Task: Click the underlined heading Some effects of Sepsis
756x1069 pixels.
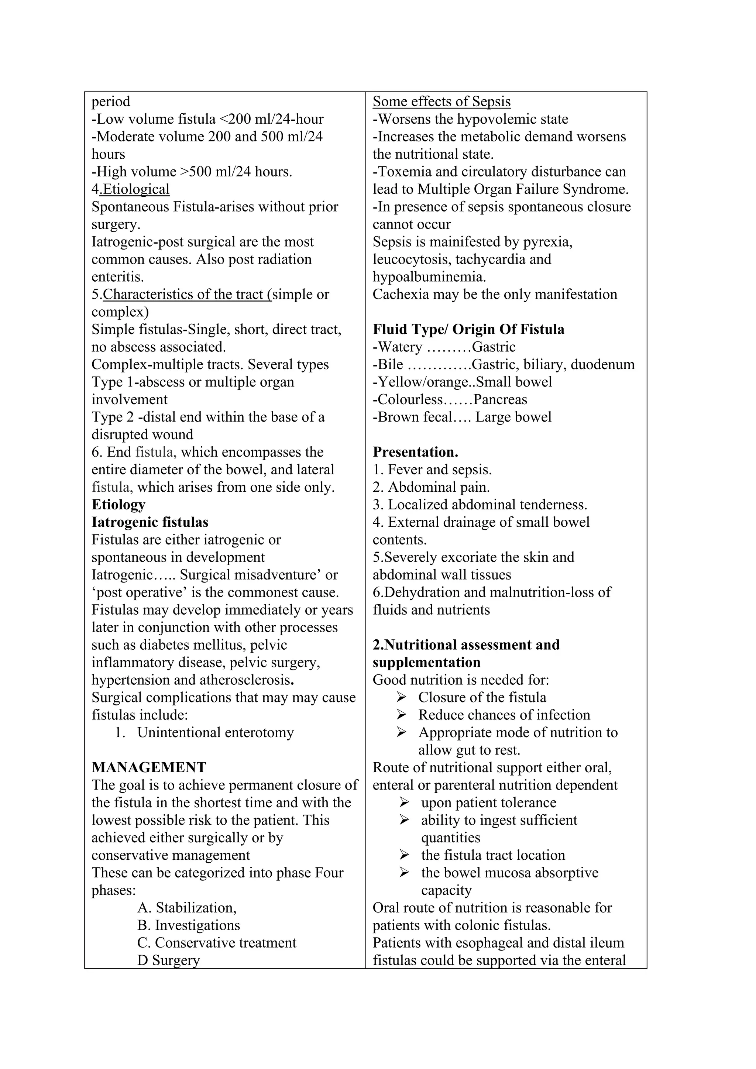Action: pyautogui.click(x=441, y=102)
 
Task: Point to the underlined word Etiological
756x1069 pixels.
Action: pyautogui.click(x=136, y=189)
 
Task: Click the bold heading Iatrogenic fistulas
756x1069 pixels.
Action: pyautogui.click(x=150, y=522)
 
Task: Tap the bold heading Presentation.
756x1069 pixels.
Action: pyautogui.click(x=415, y=452)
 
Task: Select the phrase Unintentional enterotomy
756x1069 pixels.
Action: pyautogui.click(x=215, y=732)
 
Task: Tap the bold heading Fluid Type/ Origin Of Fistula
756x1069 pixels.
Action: pyautogui.click(x=468, y=330)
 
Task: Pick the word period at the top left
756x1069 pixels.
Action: pyautogui.click(x=111, y=102)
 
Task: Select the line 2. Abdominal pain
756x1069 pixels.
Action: pyautogui.click(x=431, y=487)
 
